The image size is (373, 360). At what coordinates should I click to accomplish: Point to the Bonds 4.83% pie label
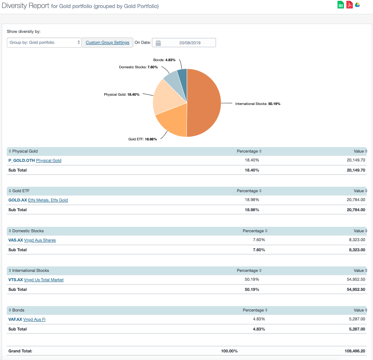(x=164, y=60)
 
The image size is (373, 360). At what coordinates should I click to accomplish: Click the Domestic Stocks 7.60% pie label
(x=138, y=67)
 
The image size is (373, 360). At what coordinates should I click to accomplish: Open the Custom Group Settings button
(x=107, y=43)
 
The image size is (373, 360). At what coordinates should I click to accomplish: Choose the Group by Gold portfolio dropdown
(x=44, y=43)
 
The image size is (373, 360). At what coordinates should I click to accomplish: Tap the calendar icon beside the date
(x=158, y=43)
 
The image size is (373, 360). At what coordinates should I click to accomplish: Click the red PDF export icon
(x=349, y=5)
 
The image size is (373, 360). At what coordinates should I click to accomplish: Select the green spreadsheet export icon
(x=341, y=5)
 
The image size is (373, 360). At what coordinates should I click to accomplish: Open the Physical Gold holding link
(x=49, y=161)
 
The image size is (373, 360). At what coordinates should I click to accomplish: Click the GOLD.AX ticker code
(x=17, y=200)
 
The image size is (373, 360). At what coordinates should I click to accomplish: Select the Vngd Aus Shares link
(x=40, y=240)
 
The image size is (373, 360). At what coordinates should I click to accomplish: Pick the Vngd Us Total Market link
(x=44, y=280)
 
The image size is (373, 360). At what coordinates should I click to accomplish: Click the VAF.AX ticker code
(x=15, y=320)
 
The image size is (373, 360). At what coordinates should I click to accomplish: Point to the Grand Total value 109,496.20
(x=355, y=351)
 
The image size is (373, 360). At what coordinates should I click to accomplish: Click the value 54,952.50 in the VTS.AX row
(x=356, y=280)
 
